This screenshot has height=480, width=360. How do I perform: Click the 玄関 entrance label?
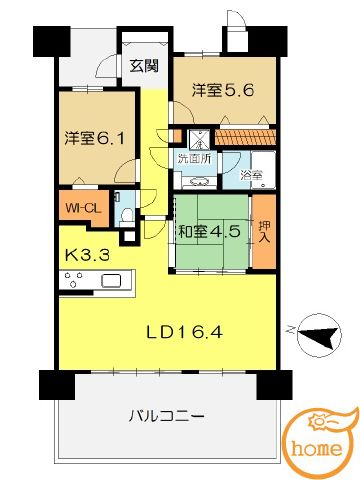pyautogui.click(x=143, y=66)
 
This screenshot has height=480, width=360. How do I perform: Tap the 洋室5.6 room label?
pyautogui.click(x=223, y=90)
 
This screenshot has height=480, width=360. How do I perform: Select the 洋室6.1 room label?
pyautogui.click(x=95, y=138)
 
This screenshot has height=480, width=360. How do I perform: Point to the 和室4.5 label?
pyautogui.click(x=209, y=231)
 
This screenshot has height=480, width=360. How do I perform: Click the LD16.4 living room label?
pyautogui.click(x=185, y=332)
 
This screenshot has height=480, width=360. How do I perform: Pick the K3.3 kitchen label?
pyautogui.click(x=87, y=256)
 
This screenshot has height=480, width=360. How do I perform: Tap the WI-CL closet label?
pyautogui.click(x=83, y=209)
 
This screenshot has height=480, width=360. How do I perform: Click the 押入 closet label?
pyautogui.click(x=264, y=231)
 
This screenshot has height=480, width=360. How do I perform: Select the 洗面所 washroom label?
pyautogui.click(x=194, y=159)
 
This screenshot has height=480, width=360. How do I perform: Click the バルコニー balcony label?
pyautogui.click(x=166, y=416)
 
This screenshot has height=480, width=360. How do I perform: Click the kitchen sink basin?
pyautogui.click(x=111, y=281)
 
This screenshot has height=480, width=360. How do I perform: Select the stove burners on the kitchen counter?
pyautogui.click(x=74, y=280)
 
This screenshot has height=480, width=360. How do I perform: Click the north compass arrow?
pyautogui.click(x=318, y=336)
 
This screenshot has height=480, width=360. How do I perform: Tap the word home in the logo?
pyautogui.click(x=317, y=448)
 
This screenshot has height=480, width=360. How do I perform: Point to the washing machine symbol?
pyautogui.click(x=199, y=140)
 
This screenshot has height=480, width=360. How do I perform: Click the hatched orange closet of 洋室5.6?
pyautogui.click(x=246, y=137)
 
